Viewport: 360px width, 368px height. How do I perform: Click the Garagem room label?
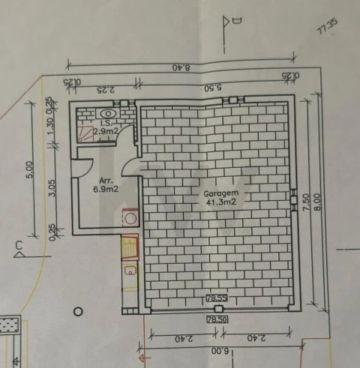tap(217, 193)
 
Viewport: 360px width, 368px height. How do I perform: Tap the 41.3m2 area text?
tap(218, 202)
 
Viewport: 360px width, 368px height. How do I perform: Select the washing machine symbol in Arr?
tap(131, 219)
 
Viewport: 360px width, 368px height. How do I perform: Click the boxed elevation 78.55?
tap(217, 299)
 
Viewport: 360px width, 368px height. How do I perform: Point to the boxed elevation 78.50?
tap(217, 320)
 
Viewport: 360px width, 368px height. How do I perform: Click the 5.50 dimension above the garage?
tap(213, 88)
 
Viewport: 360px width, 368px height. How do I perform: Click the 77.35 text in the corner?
tap(328, 28)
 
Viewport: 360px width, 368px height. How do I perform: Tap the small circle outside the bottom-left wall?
tap(76, 310)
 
